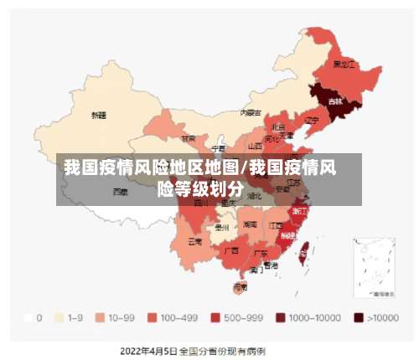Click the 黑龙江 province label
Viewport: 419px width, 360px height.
click(x=343, y=64)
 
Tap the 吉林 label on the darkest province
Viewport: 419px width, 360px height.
click(x=335, y=101)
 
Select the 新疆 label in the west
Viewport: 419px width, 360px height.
click(x=99, y=116)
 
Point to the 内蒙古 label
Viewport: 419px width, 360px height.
click(x=251, y=111)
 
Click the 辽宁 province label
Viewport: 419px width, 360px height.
click(x=312, y=120)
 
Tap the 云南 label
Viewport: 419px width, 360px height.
click(x=194, y=241)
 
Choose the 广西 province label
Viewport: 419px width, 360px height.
click(x=231, y=249)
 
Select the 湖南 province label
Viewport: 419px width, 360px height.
click(x=250, y=224)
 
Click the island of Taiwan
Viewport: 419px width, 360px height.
click(x=304, y=247)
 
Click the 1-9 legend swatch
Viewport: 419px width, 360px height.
click(x=59, y=318)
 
